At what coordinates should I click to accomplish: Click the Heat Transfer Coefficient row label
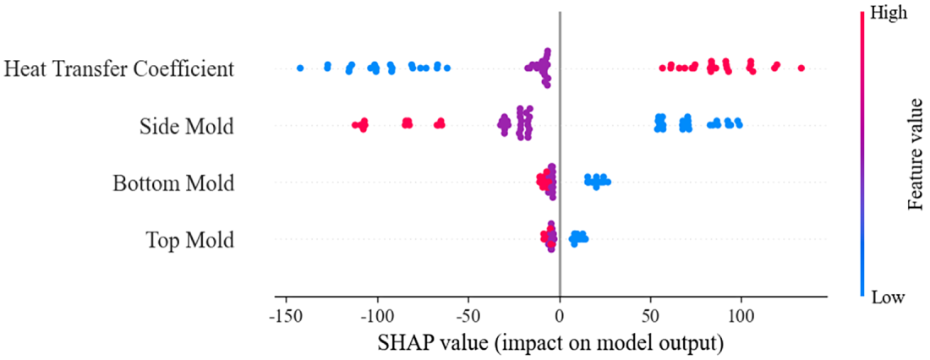click(118, 68)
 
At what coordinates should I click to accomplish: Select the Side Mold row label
click(187, 126)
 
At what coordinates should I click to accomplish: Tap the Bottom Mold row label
click(173, 183)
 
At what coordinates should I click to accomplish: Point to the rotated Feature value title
click(915, 155)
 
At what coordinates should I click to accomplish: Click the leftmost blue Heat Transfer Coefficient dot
click(299, 68)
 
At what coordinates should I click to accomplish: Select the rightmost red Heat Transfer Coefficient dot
click(801, 68)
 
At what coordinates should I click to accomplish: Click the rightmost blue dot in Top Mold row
click(584, 237)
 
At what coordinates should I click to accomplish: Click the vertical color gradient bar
click(862, 155)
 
